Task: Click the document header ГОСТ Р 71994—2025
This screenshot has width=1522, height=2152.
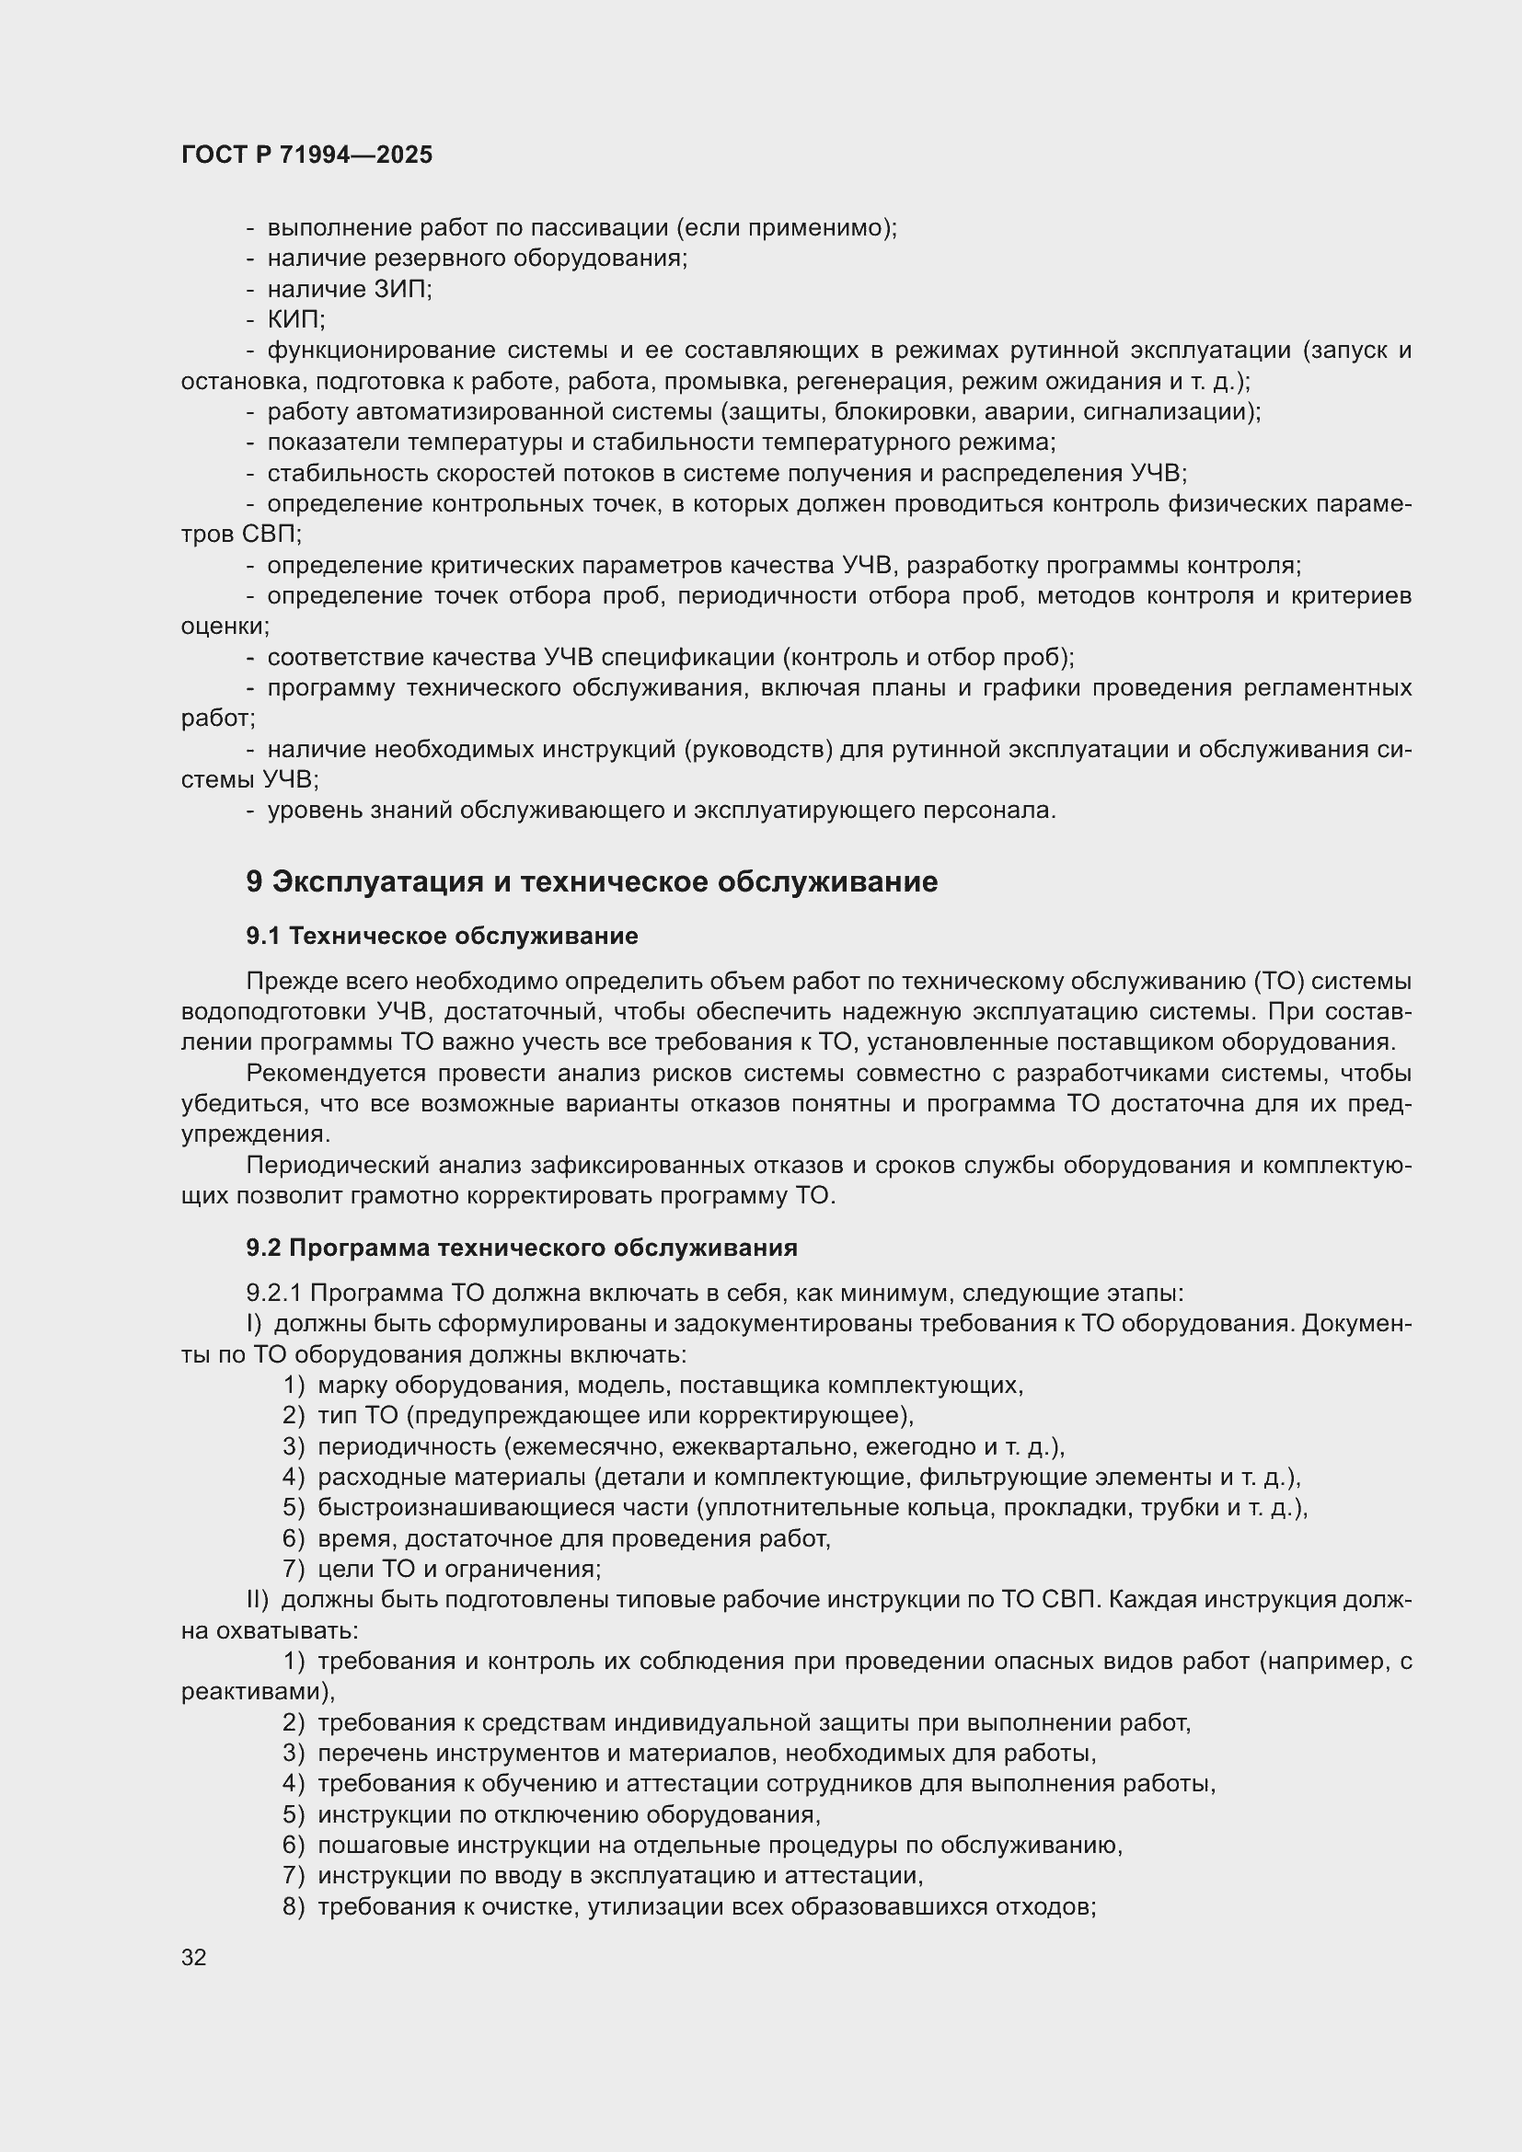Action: [x=306, y=155]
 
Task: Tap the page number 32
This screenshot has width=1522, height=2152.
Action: [x=194, y=1957]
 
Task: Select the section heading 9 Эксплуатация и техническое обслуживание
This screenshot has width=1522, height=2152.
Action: [x=592, y=882]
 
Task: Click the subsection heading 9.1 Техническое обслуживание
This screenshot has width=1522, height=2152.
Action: [x=442, y=936]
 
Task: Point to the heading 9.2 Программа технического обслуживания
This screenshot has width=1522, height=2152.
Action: [x=521, y=1248]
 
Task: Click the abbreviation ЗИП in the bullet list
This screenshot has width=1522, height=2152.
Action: [x=401, y=289]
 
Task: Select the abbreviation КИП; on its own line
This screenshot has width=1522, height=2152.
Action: [x=296, y=319]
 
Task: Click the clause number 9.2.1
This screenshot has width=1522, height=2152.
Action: [x=273, y=1293]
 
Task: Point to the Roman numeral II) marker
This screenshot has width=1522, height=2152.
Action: [x=258, y=1599]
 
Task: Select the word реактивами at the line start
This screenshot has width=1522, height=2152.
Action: [x=256, y=1691]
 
